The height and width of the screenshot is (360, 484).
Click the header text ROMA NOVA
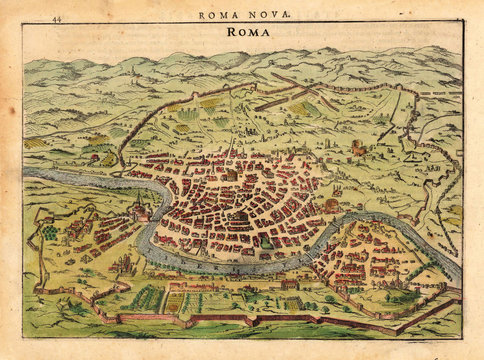[x=245, y=15]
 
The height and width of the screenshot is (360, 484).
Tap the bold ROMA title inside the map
[x=246, y=32]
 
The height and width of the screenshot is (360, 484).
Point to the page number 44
[x=56, y=17]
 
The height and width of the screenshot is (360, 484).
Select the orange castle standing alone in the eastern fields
[x=357, y=149]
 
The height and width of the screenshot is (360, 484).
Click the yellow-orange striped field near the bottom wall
[x=175, y=301]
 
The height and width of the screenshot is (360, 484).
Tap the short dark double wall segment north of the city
[x=272, y=100]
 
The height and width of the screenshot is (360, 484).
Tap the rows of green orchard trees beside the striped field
[x=147, y=298]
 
